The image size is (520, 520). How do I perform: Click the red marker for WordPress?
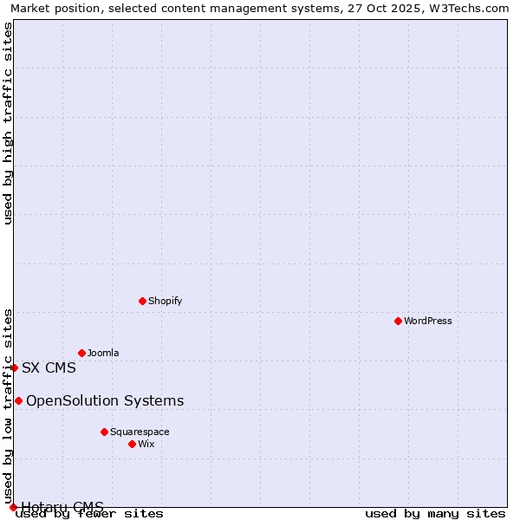[x=398, y=321]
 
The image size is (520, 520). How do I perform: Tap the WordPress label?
[x=428, y=321]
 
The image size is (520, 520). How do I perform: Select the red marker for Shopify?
[x=142, y=301]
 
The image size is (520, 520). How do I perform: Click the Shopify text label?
[x=165, y=301]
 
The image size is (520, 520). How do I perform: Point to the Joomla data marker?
[x=81, y=353]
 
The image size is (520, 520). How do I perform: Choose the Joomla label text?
[x=103, y=353]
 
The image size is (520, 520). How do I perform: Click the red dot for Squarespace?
[x=104, y=432]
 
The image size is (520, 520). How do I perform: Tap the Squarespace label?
[x=140, y=432]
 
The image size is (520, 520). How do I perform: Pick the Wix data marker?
[x=132, y=444]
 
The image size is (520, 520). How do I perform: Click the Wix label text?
[x=146, y=444]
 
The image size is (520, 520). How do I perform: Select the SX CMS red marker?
[x=14, y=367]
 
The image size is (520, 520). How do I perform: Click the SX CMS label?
[x=49, y=367]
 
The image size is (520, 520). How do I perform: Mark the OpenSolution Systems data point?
[x=18, y=400]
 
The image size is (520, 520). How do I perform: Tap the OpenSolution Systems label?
[x=105, y=400]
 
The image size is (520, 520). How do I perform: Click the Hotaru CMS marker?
[x=13, y=507]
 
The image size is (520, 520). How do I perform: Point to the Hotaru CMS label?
[x=62, y=506]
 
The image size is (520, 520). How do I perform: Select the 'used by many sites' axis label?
[x=434, y=513]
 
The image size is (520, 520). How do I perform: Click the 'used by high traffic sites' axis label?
[x=8, y=123]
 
